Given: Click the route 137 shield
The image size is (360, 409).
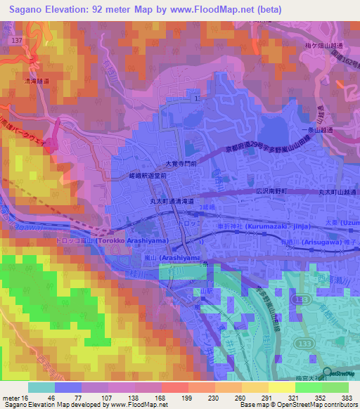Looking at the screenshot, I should click(18, 42).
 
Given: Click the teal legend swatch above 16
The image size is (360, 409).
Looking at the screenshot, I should click(41, 387).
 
